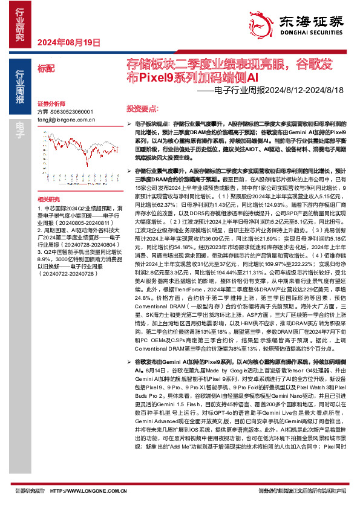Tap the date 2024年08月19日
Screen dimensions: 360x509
pyautogui.click(x=68, y=42)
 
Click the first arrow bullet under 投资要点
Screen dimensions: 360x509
pyautogui.click(x=130, y=123)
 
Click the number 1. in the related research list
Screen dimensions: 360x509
pyautogui.click(x=39, y=207)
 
